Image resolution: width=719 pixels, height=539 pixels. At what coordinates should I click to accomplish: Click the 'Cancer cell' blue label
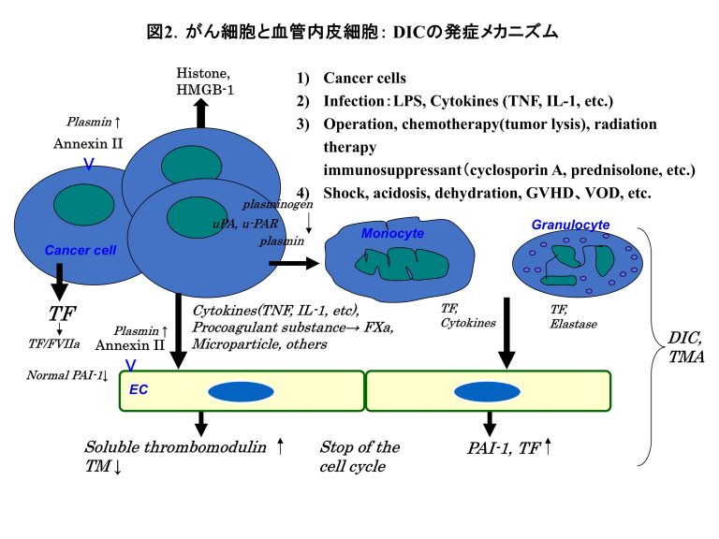81,250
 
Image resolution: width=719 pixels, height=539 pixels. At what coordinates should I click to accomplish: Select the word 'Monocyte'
392,233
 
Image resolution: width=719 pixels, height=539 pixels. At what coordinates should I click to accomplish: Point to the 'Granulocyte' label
570,225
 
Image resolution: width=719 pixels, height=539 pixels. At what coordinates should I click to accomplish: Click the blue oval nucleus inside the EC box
241,391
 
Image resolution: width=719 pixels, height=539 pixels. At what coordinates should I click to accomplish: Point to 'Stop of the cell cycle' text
359,457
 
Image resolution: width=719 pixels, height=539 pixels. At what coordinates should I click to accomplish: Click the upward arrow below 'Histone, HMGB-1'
200,113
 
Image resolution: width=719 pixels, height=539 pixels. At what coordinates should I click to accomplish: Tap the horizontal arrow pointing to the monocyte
294,264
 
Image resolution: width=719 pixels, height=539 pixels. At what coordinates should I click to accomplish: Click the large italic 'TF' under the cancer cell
62,313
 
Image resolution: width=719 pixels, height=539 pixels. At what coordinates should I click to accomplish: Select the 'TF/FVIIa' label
61,343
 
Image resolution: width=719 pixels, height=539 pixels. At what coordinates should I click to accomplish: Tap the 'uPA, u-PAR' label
246,223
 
